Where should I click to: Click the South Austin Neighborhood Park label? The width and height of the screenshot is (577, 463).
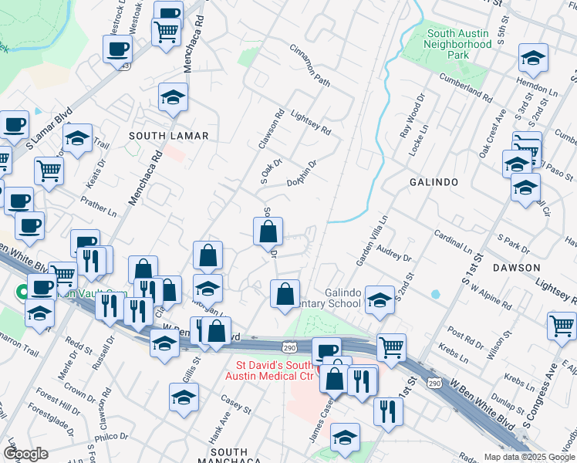tap(459, 44)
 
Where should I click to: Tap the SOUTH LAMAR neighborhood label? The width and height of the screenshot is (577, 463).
tap(168, 136)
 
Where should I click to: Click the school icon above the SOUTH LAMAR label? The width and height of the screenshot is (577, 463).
tap(173, 97)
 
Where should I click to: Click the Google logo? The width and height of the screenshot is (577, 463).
tap(25, 455)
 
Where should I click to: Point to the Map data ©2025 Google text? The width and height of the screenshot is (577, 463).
tap(529, 457)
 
